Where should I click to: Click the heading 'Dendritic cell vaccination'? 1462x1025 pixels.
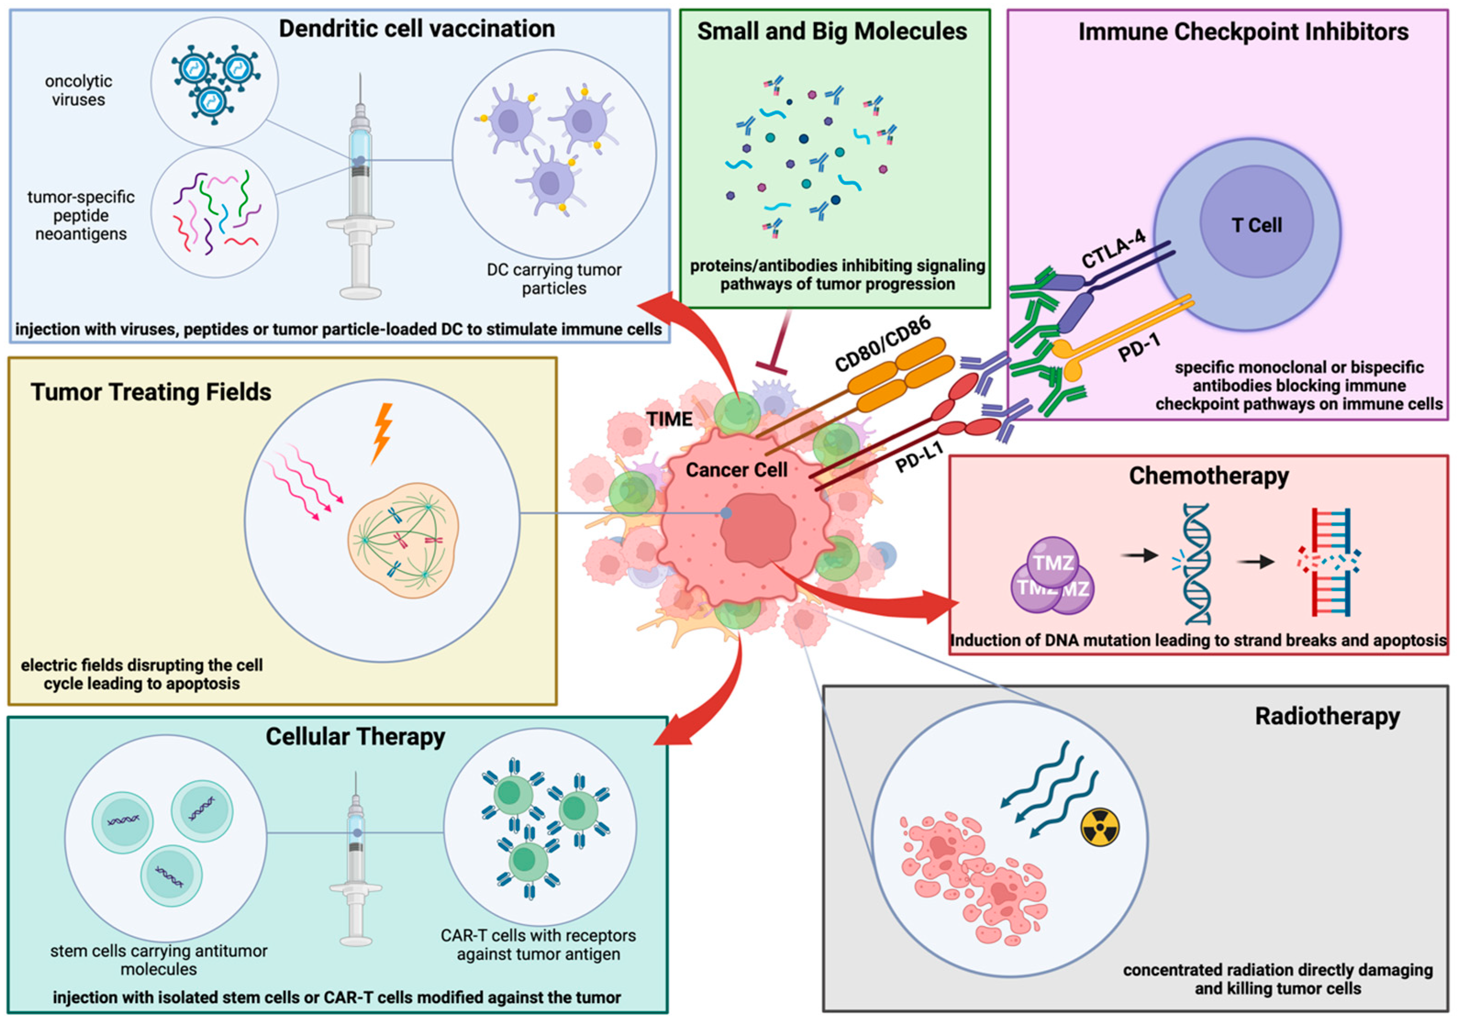pyautogui.click(x=417, y=28)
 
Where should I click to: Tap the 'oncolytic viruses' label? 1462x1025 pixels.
pyautogui.click(x=78, y=90)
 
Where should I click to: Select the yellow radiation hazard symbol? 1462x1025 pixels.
pyautogui.click(x=1100, y=828)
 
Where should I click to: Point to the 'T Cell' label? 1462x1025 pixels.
pyautogui.click(x=1256, y=225)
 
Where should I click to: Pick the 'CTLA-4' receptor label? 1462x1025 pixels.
pyautogui.click(x=1114, y=249)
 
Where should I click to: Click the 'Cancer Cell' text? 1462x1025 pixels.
pyautogui.click(x=736, y=470)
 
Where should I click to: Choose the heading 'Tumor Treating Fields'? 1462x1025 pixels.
pyautogui.click(x=151, y=392)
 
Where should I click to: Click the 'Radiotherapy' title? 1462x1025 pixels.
pyautogui.click(x=1327, y=716)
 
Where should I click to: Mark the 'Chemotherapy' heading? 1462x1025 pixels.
pyautogui.click(x=1209, y=476)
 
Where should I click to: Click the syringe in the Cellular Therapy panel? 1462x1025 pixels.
pyautogui.click(x=356, y=859)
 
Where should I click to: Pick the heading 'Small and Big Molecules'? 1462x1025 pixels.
pyautogui.click(x=832, y=31)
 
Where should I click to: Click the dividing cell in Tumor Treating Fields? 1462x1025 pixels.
pyautogui.click(x=403, y=540)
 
